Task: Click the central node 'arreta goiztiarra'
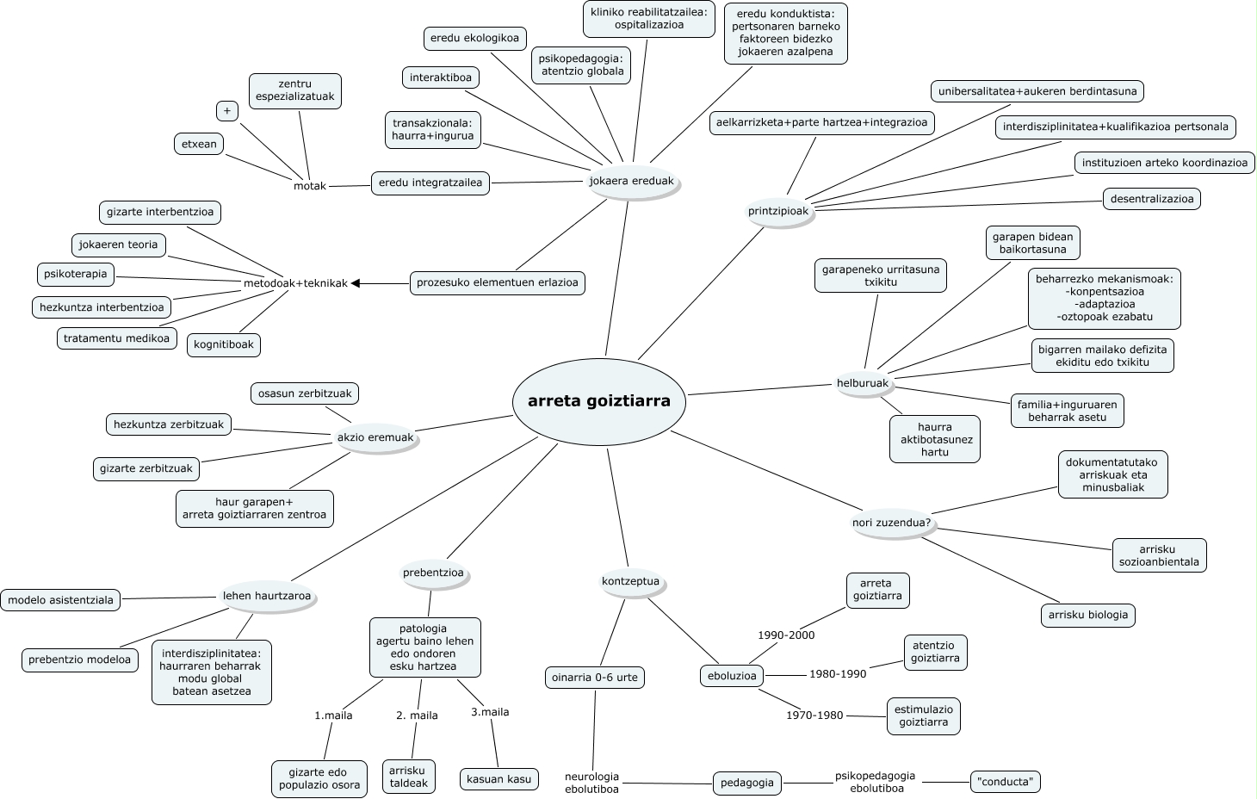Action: (x=598, y=401)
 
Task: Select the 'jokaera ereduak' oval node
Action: (x=631, y=182)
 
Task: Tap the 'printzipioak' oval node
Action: (x=778, y=212)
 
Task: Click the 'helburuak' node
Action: (x=862, y=383)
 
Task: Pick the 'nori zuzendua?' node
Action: (x=891, y=523)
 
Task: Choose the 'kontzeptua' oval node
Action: (x=630, y=581)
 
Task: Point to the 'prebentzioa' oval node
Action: (x=433, y=573)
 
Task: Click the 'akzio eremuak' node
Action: (x=375, y=437)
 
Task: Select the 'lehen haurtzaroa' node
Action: (x=267, y=596)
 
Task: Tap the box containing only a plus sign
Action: (x=227, y=111)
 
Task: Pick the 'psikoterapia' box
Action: (x=76, y=275)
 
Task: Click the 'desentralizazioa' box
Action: (x=1152, y=199)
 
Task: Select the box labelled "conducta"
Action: (x=1005, y=782)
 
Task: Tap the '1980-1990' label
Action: (x=838, y=673)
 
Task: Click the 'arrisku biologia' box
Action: (x=1087, y=615)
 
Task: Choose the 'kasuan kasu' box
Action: (x=499, y=779)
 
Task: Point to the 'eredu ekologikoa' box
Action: (x=474, y=38)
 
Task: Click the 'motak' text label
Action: (x=310, y=186)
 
